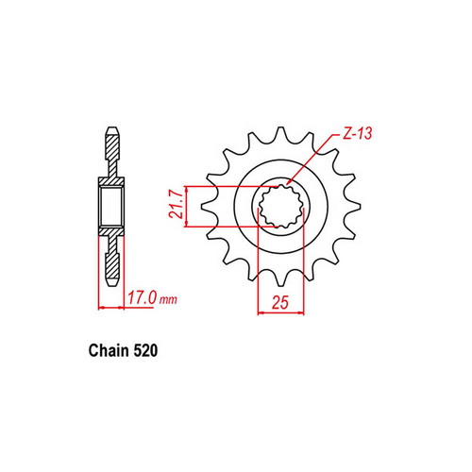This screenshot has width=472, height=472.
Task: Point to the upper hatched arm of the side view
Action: [111, 151]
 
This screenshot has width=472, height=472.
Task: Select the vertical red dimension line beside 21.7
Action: [193, 206]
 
